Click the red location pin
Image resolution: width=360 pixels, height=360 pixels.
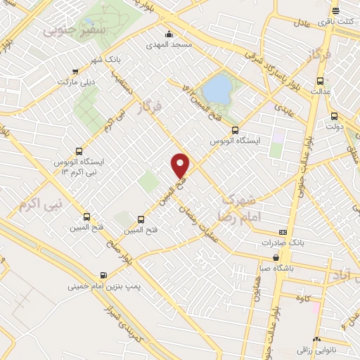pos(181,165)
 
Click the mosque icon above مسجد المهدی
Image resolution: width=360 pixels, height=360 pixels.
pos(169,34)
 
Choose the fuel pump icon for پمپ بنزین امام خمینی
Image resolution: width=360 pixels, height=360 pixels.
pos(104,275)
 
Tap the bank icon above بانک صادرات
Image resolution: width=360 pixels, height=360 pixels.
pos(283,231)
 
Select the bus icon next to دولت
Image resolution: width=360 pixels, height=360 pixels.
pos(333,117)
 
